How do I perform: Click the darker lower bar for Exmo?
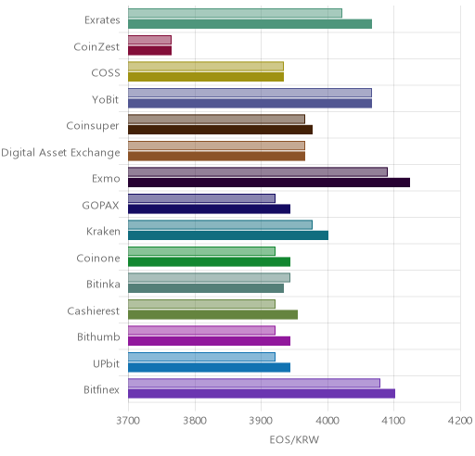pos(269,183)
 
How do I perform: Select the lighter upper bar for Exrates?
pos(235,13)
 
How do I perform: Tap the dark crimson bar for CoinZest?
pos(150,50)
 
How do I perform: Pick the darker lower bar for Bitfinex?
pos(262,394)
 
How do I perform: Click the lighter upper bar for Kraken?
pos(220,224)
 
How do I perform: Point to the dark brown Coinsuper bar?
pos(220,130)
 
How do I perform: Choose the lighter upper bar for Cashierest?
pos(201,304)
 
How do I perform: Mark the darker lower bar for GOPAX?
pos(210,209)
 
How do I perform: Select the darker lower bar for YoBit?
pos(250,104)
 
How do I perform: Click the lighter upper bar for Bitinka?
pos(209,277)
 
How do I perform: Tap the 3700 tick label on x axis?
pos(128,421)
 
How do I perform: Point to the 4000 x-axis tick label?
pos(327,421)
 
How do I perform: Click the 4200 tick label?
pos(460,421)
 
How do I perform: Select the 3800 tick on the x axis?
pos(195,421)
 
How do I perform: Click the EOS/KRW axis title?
pos(294,439)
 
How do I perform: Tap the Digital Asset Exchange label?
pos(60,153)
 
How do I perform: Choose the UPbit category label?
pos(106,363)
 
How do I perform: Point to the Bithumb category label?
pos(98,336)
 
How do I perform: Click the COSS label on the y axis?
pos(106,73)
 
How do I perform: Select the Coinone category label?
pos(98,258)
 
